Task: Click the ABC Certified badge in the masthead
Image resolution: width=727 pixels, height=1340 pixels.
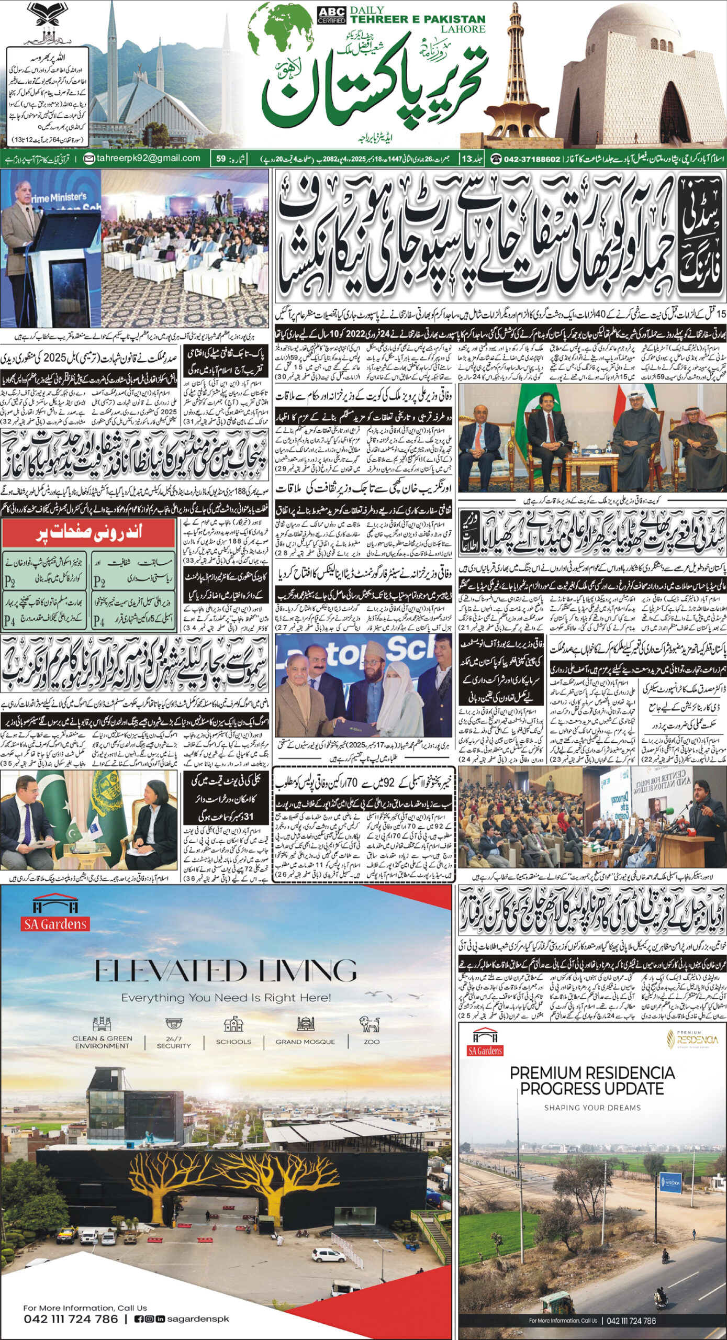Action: tap(331, 15)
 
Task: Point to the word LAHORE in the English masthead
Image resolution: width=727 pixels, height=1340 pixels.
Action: tap(463, 29)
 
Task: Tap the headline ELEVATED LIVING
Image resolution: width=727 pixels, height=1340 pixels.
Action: tap(226, 971)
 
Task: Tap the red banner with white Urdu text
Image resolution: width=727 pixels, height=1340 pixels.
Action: tap(88, 533)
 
